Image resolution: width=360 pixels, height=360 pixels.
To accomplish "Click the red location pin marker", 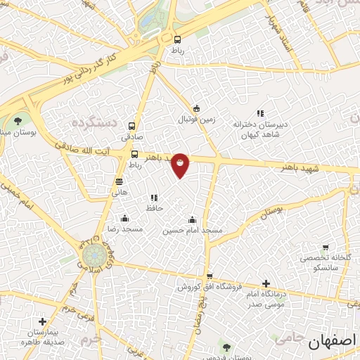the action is coord(180,165).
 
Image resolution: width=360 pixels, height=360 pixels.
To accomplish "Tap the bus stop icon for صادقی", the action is coord(132,126).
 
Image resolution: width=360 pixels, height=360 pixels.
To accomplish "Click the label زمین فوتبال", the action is coord(196,122).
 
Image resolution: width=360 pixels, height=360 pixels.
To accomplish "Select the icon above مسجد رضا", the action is coord(124,218).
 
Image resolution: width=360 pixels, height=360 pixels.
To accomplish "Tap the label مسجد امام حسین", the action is coord(193,231).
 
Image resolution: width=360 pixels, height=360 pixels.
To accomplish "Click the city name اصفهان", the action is coord(333,341).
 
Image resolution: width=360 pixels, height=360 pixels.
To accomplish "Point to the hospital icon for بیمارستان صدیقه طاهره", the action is coord(42,321).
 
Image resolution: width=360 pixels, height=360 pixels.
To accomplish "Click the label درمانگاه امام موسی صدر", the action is coord(264,298).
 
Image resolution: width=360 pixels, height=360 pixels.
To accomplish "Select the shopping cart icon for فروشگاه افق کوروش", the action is coord(210,276).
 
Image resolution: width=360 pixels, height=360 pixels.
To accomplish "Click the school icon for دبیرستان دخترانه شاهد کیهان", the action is coord(260,113).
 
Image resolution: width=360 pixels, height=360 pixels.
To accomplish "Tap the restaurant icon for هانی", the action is coord(118,181).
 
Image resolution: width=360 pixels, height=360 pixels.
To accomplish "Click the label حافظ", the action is coord(155,208).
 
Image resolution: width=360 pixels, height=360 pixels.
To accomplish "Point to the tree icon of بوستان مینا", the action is coord(18,120).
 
